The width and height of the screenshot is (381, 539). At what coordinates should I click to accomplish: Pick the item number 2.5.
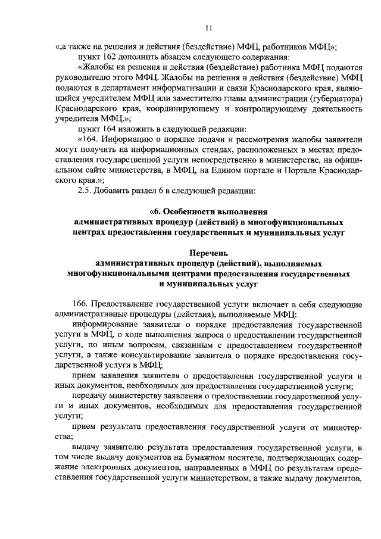click(x=86, y=191)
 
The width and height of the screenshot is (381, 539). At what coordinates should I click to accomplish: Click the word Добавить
click(x=116, y=191)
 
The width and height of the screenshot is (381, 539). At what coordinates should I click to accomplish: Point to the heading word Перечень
click(x=208, y=253)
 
